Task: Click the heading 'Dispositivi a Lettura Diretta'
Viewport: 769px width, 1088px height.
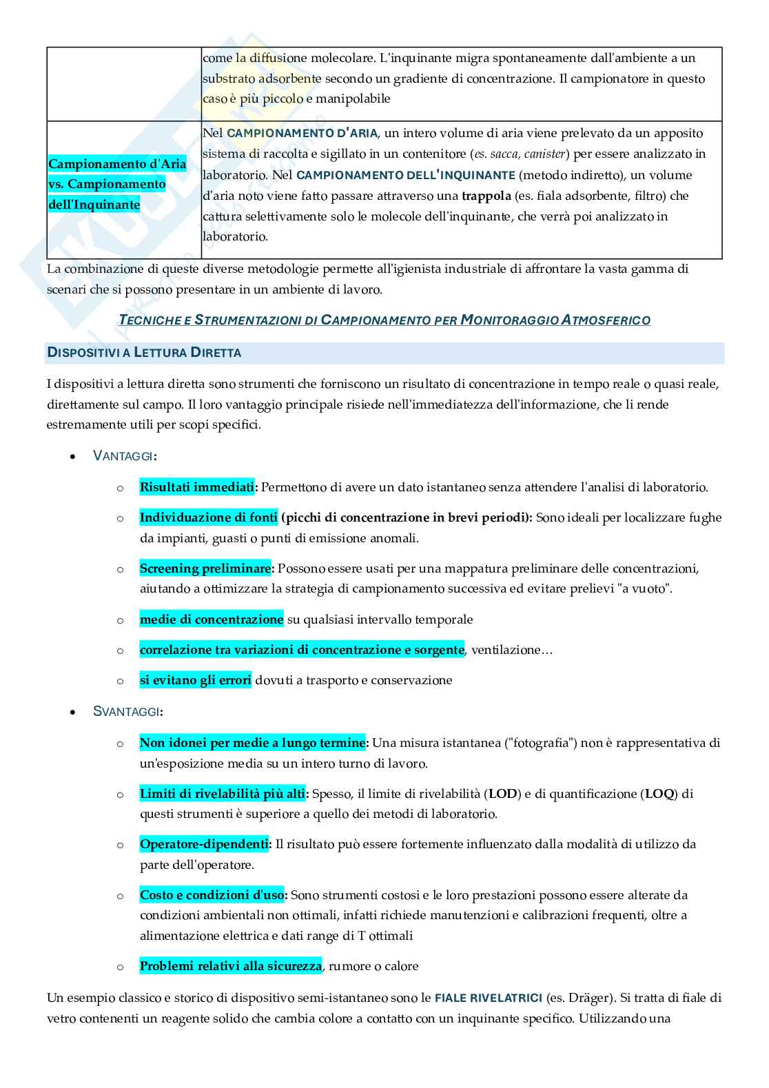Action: pos(144,353)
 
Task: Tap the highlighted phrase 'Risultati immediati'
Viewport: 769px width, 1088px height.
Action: pos(197,487)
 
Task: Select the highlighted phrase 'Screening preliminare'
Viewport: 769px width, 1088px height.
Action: pos(205,568)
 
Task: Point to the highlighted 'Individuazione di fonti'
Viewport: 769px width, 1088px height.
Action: pos(208,517)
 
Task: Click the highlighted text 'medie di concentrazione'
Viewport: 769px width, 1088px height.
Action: pos(211,619)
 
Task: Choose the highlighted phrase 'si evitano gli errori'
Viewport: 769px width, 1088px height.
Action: pos(195,680)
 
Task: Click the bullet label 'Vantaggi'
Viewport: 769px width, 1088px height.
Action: pos(124,455)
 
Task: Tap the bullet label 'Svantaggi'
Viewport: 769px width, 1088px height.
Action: pos(127,711)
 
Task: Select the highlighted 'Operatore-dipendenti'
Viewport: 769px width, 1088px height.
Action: pos(204,844)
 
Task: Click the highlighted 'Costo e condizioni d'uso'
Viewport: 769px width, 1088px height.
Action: pos(212,895)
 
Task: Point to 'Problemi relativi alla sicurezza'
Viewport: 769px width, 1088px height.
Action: pos(230,966)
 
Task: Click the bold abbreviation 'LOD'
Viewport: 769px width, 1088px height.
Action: pos(502,794)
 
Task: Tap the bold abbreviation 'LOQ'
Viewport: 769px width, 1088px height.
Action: pos(659,794)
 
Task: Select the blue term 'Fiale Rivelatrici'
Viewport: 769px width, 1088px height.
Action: pos(488,998)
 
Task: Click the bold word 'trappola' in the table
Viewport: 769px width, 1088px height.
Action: pos(486,196)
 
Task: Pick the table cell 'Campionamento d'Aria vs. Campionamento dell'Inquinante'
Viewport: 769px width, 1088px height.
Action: pos(117,184)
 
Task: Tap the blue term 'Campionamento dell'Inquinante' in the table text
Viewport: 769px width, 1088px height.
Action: pos(405,175)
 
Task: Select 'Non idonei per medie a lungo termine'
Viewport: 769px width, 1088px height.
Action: pos(252,743)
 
